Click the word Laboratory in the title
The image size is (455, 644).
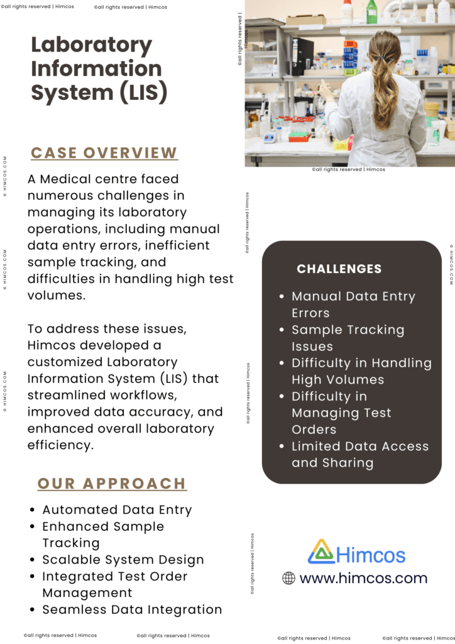[x=92, y=46]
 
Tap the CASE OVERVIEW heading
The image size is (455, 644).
[x=104, y=153]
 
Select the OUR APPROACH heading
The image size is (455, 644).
[x=112, y=484]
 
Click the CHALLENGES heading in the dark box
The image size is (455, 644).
[x=339, y=269]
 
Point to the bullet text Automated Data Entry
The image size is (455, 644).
[x=117, y=510]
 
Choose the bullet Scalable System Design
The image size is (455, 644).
[x=123, y=560]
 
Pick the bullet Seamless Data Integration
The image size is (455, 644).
[x=132, y=609]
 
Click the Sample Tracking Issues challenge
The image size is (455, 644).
[x=348, y=338]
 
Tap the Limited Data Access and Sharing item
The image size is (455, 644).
[x=359, y=455]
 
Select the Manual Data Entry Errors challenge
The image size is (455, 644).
[x=353, y=304]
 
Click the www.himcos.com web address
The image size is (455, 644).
[x=363, y=579]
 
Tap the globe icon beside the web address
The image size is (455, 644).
[x=288, y=579]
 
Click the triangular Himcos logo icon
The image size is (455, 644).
[x=321, y=552]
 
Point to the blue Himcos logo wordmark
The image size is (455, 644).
[x=371, y=555]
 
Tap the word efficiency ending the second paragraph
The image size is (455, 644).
[x=60, y=445]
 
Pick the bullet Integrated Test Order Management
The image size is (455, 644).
[x=114, y=584]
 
